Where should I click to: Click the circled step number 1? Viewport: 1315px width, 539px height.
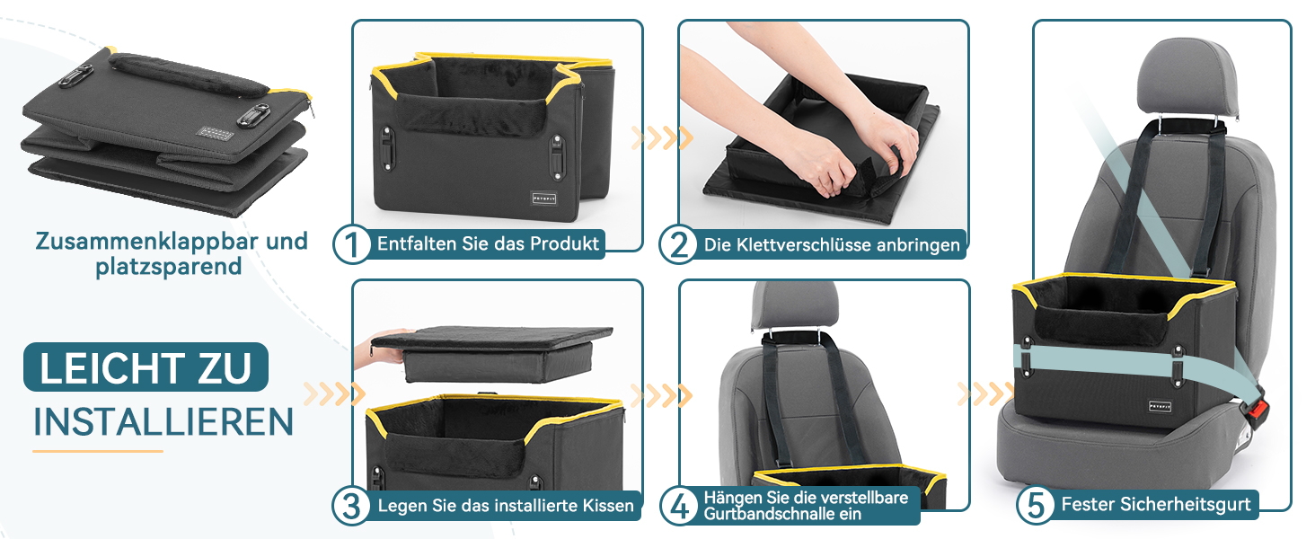[351, 244]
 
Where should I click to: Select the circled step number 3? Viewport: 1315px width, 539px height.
[351, 506]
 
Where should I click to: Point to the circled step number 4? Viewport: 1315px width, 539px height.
[679, 506]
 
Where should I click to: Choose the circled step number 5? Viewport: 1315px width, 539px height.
[1036, 505]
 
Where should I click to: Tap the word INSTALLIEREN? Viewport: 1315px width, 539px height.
[163, 421]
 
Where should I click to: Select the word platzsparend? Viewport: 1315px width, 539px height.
[169, 267]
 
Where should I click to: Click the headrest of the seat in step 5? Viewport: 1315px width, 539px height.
[1187, 78]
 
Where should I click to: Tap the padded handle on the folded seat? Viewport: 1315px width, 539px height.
[188, 74]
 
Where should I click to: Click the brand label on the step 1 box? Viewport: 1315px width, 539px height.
[543, 199]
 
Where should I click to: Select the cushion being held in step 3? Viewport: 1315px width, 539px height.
[492, 352]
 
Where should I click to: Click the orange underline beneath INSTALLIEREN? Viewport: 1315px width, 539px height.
[97, 451]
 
